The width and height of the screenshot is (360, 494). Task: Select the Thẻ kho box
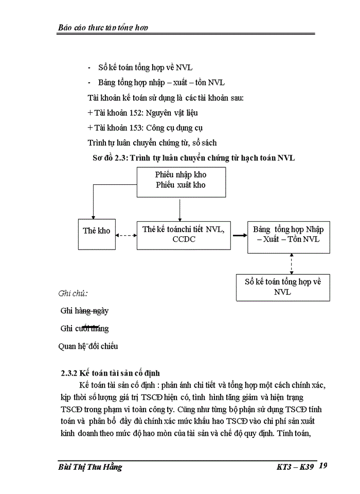97,231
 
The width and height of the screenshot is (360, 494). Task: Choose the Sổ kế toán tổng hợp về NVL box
282,287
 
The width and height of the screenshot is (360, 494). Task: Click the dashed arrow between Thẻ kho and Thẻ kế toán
126,235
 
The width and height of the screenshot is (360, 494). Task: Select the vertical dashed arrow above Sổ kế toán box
292,263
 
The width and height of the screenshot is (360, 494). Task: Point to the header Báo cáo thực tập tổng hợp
103,27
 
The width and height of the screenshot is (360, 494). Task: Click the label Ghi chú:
73,293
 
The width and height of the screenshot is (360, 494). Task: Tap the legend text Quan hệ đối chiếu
88,346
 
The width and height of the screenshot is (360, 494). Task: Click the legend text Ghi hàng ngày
84,311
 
